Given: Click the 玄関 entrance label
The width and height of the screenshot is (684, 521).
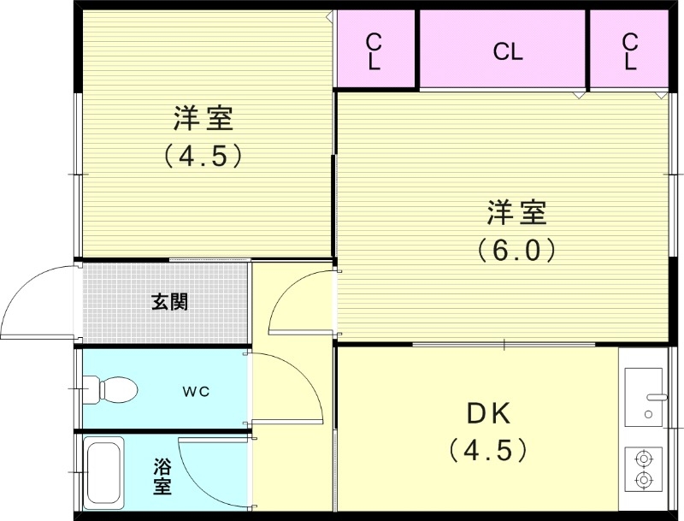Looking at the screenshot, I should click(x=169, y=301).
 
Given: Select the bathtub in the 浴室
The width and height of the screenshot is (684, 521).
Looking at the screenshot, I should click(x=103, y=473).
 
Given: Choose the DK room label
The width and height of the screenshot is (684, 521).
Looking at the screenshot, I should click(x=488, y=414).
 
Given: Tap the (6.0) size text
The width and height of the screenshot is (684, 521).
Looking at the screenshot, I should click(x=516, y=250).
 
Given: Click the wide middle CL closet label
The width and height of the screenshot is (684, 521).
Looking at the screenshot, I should click(x=507, y=52).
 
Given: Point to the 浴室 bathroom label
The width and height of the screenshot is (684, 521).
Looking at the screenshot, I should click(x=162, y=477).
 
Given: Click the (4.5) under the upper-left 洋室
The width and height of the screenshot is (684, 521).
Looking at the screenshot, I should click(x=204, y=156).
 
